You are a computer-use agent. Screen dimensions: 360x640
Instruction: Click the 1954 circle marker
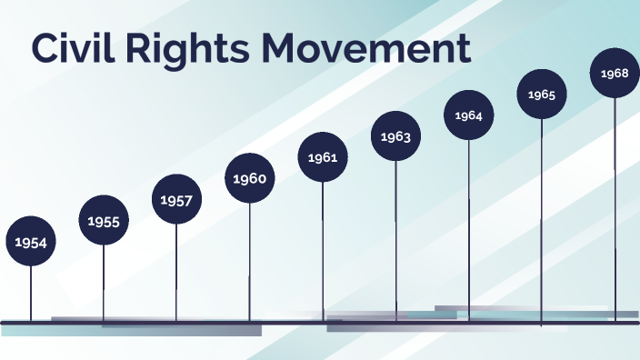pyautogui.click(x=31, y=242)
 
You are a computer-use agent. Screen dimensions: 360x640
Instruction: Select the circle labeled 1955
pyautogui.click(x=104, y=220)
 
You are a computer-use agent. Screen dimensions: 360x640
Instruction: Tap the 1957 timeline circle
pyautogui.click(x=176, y=199)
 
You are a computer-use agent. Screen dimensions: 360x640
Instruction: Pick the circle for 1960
pyautogui.click(x=249, y=178)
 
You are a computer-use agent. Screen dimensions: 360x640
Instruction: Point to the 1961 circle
pyautogui.click(x=323, y=157)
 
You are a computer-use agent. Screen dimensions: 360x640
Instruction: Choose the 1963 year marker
pyautogui.click(x=395, y=136)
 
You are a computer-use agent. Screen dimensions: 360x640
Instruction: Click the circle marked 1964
pyautogui.click(x=469, y=115)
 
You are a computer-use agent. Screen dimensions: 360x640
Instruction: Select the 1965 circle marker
pyautogui.click(x=542, y=95)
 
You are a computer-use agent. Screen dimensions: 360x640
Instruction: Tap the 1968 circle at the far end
pyautogui.click(x=615, y=73)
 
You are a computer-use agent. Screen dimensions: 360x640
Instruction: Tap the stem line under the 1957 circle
pyautogui.click(x=176, y=273)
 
